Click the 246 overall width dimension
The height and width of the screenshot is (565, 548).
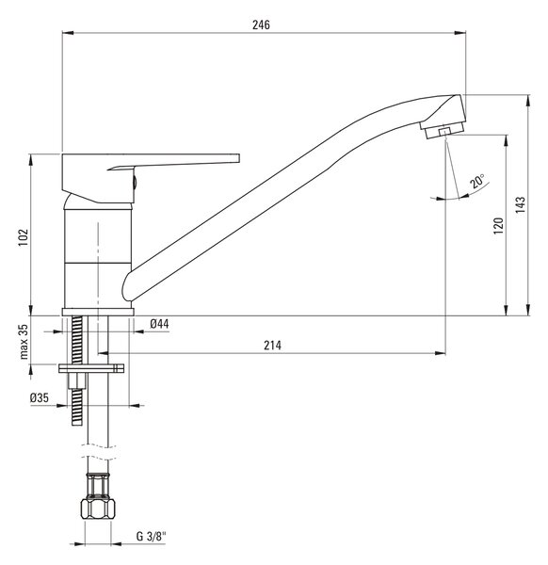261,24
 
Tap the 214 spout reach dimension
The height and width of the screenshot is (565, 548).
272,346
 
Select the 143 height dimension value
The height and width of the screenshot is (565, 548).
520,205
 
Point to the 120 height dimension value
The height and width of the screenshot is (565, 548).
498,226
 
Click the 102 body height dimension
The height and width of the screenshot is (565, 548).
24,237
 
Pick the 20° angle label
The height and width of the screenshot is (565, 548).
477,181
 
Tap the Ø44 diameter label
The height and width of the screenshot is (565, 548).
159,324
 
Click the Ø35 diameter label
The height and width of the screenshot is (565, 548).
40,397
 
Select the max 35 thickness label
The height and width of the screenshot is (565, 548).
24,342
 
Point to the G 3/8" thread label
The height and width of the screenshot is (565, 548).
151,537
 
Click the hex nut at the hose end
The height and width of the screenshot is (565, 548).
98,508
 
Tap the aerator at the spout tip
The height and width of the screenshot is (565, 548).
443,131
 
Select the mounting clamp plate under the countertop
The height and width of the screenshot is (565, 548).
91,368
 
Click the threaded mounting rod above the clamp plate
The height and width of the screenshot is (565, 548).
77,340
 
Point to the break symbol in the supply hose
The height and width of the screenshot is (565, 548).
98,452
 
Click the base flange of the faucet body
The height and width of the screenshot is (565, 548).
98,312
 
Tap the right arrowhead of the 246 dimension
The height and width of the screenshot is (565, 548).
460,33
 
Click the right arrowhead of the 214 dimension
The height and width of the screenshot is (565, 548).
440,353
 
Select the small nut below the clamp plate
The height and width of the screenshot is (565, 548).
77,381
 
